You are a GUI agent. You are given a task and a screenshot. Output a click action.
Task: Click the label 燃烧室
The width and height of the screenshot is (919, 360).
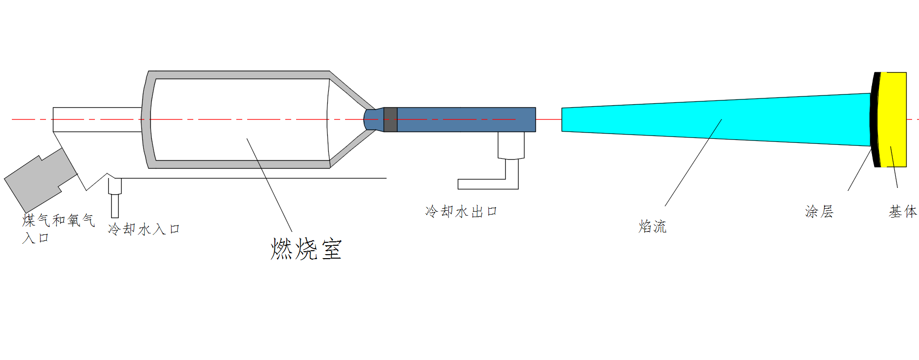[x=306, y=249]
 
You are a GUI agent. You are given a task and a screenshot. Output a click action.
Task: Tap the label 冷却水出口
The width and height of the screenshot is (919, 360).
[x=461, y=212]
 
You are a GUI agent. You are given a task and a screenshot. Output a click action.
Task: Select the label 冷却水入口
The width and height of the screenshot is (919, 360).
[x=143, y=229]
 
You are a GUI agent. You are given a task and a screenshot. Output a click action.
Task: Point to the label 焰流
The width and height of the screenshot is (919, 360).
[x=652, y=226]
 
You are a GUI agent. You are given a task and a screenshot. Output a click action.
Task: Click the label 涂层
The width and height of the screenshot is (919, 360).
[x=819, y=212]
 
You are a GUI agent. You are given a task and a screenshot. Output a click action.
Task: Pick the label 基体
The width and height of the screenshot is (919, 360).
[x=902, y=212]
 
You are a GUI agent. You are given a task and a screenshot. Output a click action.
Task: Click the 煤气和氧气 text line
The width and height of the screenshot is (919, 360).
[x=58, y=220]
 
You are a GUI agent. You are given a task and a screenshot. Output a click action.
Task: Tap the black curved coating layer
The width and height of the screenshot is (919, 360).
[x=875, y=119]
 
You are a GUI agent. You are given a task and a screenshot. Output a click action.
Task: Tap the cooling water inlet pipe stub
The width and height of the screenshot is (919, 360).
[x=115, y=198]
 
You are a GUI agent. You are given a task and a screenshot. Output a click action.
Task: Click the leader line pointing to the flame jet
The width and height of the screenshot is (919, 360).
[x=692, y=163]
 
